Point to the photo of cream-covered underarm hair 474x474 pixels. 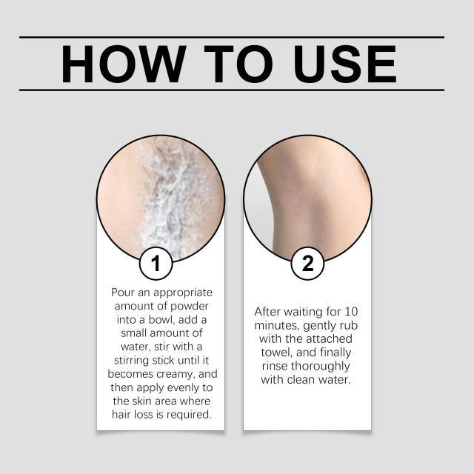(x=160, y=196)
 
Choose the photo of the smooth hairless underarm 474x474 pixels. (x=307, y=196)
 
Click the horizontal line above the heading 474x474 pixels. (x=232, y=37)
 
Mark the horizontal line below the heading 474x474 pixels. (x=232, y=90)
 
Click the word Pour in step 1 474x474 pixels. (x=123, y=293)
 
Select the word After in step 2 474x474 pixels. (x=268, y=312)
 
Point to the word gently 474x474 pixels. (x=320, y=325)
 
